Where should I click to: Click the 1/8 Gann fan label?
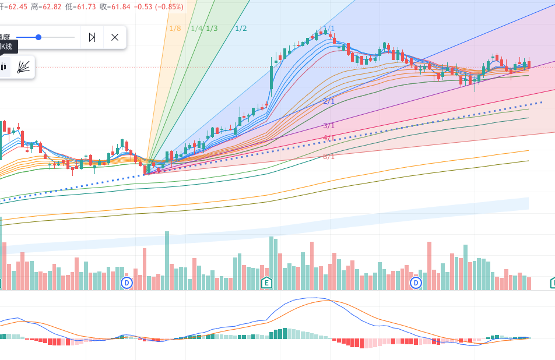(175, 28)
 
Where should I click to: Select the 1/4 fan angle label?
(196, 28)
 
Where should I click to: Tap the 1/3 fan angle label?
(212, 28)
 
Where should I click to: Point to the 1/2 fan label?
(241, 28)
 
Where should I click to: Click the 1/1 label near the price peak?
(329, 28)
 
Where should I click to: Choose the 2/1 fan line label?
(329, 101)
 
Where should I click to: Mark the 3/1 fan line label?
(329, 126)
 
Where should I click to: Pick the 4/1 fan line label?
(329, 138)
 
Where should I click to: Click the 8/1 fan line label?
(329, 157)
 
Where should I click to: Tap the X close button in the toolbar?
(115, 37)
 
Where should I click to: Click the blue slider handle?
(38, 37)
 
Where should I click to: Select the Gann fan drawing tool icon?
(24, 67)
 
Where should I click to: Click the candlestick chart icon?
(4, 67)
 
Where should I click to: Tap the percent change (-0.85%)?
(168, 7)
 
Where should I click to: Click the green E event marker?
(266, 283)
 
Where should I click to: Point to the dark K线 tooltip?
(8, 47)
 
